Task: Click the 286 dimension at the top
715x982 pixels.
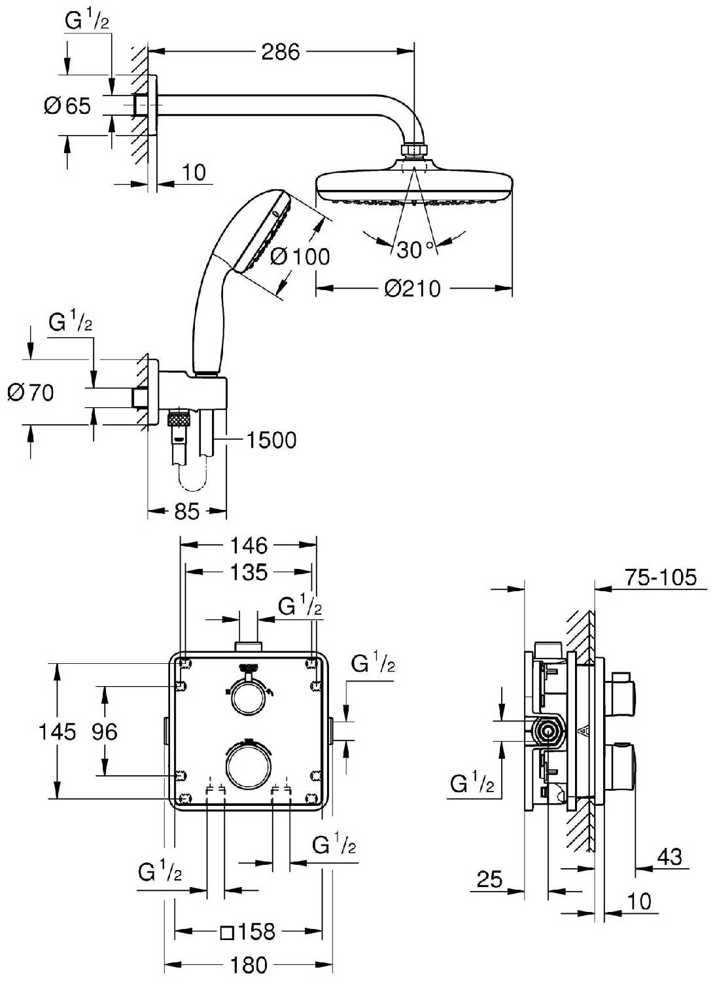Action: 280,51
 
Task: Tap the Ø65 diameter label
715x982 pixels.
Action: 67,105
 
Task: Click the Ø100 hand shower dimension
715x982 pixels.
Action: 300,256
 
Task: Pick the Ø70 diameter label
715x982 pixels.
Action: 31,393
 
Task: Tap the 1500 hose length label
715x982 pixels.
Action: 271,440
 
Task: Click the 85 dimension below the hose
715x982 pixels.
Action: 186,511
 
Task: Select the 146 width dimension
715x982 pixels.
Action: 249,545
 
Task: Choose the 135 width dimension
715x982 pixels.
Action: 249,573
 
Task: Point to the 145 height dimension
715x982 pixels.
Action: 57,731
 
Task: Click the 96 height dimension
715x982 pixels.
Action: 105,731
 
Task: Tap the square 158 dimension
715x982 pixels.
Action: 248,932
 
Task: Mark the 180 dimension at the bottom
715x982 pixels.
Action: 249,964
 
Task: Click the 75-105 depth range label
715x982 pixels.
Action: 660,577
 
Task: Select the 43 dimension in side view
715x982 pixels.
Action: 668,856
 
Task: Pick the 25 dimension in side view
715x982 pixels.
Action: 489,879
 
